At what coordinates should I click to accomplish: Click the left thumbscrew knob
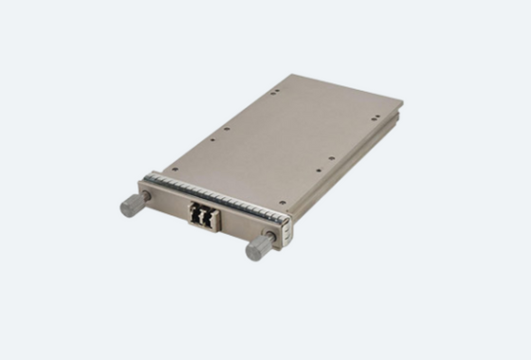click(128, 206)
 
